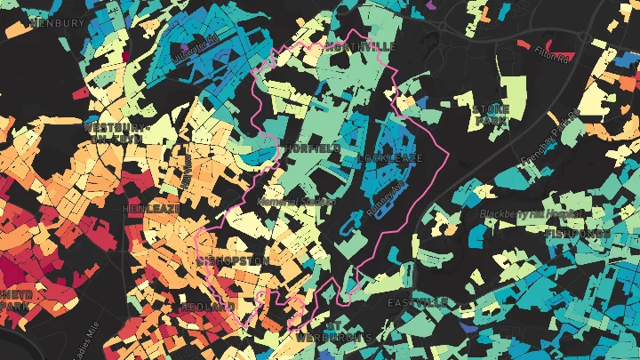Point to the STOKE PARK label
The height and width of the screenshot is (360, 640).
click(492, 114)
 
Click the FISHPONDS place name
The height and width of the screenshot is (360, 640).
click(578, 234)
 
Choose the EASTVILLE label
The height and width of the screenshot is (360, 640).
click(417, 302)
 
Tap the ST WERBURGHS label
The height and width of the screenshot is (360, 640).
click(334, 332)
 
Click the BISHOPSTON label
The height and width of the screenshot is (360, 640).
click(235, 261)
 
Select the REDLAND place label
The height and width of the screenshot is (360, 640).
click(207, 307)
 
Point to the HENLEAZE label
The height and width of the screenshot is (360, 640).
click(151, 208)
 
